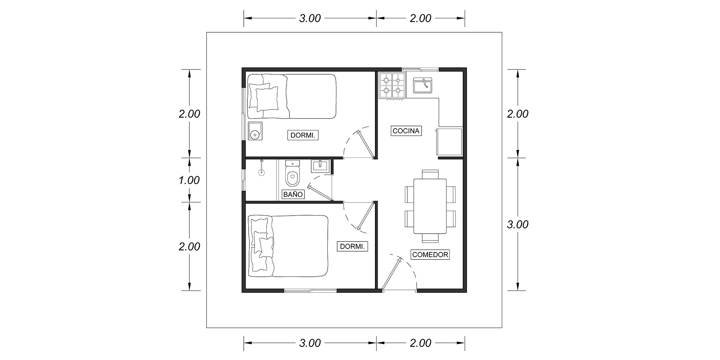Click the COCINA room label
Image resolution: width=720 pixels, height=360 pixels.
(x=406, y=131)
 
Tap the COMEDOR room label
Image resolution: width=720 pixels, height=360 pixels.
(x=430, y=255)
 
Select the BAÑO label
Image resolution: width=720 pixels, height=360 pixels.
(x=293, y=195)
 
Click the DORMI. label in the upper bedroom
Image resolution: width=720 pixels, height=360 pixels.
(x=303, y=135)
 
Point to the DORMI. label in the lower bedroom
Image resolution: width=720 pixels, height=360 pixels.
(x=352, y=246)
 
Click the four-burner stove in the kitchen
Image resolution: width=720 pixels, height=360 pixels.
(x=392, y=86)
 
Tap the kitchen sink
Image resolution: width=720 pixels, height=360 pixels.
(x=423, y=85)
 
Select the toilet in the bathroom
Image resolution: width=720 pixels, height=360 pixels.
(x=292, y=174)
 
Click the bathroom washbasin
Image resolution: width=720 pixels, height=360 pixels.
(x=320, y=166)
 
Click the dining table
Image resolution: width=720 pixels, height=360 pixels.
(x=430, y=206)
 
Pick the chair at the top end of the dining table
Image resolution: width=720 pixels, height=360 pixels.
(x=430, y=174)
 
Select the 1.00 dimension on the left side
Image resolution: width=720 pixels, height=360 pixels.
(x=189, y=180)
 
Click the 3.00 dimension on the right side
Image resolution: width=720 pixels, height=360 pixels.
(x=517, y=224)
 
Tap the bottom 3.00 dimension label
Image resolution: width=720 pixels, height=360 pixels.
(x=310, y=343)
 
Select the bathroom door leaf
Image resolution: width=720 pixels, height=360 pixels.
(x=320, y=192)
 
